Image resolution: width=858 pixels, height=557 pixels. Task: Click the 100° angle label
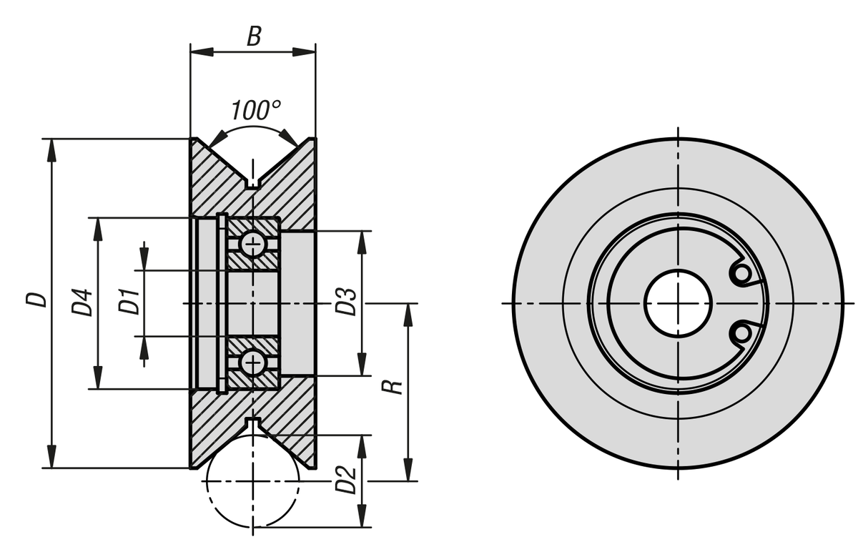click(x=255, y=110)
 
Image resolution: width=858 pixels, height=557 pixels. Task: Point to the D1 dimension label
click(x=129, y=302)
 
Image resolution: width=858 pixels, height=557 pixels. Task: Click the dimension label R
click(x=393, y=387)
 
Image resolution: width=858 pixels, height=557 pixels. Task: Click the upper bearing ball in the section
click(x=252, y=244)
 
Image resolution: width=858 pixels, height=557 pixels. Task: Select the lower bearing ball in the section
click(x=252, y=363)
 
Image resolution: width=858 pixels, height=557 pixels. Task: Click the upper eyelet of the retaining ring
click(x=741, y=273)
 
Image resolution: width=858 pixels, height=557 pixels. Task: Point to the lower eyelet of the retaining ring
click(x=741, y=333)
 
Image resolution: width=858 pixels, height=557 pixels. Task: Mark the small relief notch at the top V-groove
click(x=252, y=183)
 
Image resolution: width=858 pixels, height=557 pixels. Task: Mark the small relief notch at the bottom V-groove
click(x=252, y=423)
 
